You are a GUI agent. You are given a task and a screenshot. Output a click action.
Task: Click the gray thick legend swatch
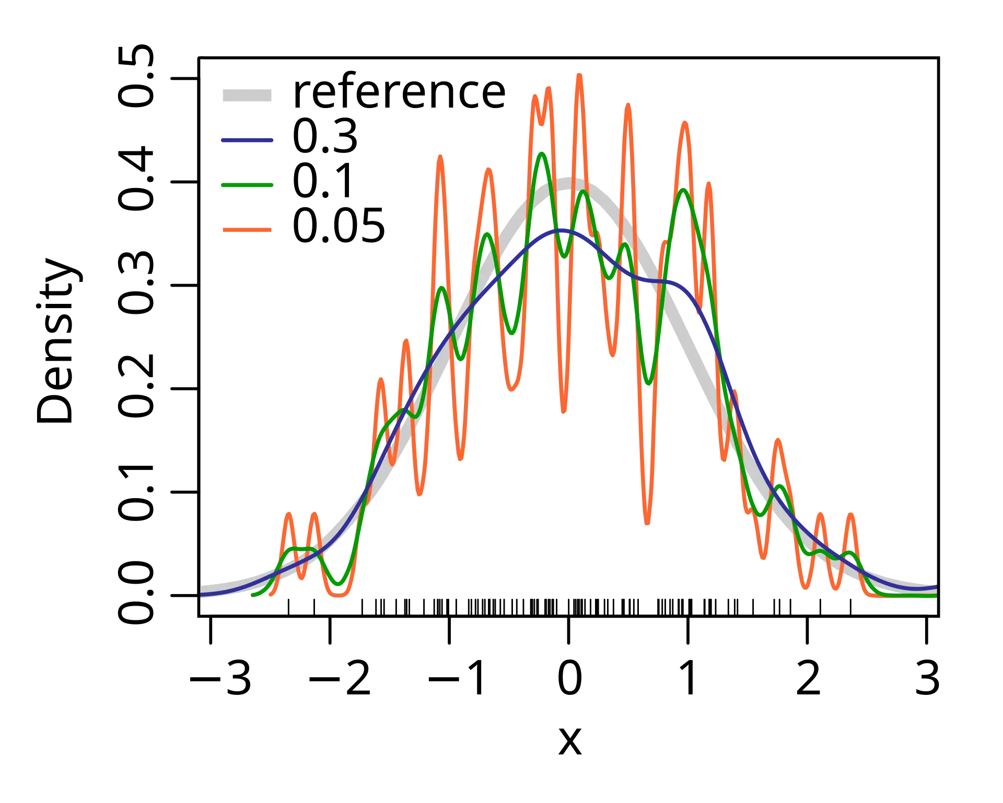coord(246,96)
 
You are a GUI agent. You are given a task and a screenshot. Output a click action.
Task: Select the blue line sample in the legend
coord(247,141)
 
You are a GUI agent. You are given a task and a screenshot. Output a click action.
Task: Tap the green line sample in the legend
coord(247,184)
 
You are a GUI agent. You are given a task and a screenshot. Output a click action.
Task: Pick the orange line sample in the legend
coord(247,230)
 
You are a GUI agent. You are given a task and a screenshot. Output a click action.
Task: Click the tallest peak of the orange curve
coord(578,74)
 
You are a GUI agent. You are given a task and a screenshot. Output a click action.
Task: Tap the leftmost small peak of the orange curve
coord(288,514)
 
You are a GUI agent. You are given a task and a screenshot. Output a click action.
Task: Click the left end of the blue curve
coord(202,594)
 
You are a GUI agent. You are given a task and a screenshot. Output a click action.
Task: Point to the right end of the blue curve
coord(935,588)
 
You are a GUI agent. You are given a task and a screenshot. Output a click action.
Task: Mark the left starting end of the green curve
coord(253,594)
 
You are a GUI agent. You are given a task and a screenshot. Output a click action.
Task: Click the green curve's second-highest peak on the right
coord(683,191)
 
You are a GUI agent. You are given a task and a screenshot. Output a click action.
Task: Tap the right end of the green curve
coord(935,595)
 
